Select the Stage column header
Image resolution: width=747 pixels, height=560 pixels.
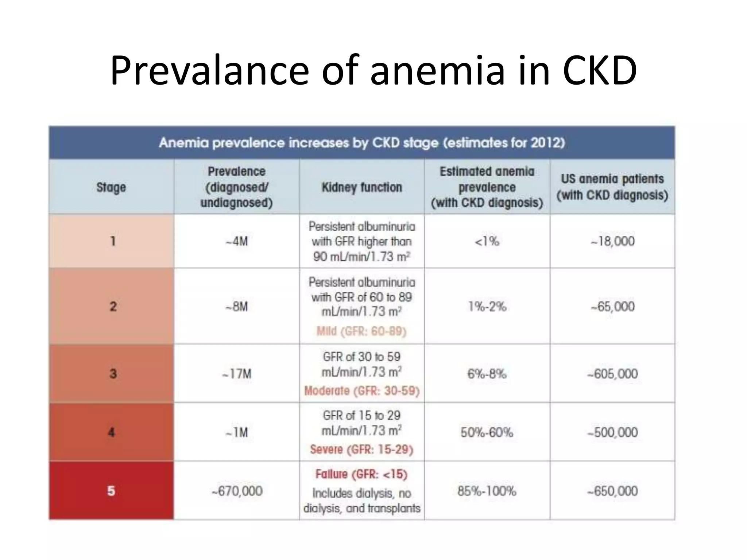[x=111, y=187]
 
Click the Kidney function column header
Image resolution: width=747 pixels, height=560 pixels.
[x=361, y=187]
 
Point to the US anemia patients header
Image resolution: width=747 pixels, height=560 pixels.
[x=612, y=187]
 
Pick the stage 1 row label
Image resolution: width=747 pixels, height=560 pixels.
[x=113, y=241]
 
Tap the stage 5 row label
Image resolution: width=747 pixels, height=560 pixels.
[x=111, y=491]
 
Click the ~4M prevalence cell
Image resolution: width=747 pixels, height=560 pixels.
[x=236, y=241]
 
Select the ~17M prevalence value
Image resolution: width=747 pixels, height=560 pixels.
[x=236, y=374]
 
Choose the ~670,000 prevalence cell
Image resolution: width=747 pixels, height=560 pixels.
[x=237, y=491]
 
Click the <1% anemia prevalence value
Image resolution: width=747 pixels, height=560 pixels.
[x=487, y=241]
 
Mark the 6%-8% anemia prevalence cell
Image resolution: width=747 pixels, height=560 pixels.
[x=487, y=374]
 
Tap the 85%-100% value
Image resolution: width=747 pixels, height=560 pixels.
[x=487, y=491]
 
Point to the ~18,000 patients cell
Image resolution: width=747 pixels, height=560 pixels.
[x=612, y=241]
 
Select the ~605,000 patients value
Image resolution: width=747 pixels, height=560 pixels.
[x=612, y=374]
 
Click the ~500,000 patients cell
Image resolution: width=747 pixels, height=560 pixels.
[x=612, y=432]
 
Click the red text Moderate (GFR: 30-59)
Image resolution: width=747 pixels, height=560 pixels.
[x=361, y=391]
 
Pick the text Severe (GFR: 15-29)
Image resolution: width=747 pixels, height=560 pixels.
[x=361, y=450]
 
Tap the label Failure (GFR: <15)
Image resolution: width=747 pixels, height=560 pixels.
[x=361, y=474]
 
